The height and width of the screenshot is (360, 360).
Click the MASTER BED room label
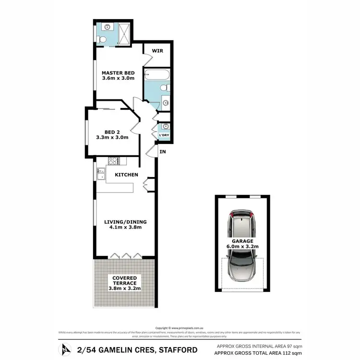[118, 73]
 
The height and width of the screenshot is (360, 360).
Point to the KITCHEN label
[127, 175]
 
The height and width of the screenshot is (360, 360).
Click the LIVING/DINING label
[126, 222]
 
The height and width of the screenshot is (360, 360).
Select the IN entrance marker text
[163, 152]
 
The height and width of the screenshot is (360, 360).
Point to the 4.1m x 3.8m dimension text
[126, 228]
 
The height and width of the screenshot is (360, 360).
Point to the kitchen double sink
[100, 173]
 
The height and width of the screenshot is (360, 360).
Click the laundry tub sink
[166, 127]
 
